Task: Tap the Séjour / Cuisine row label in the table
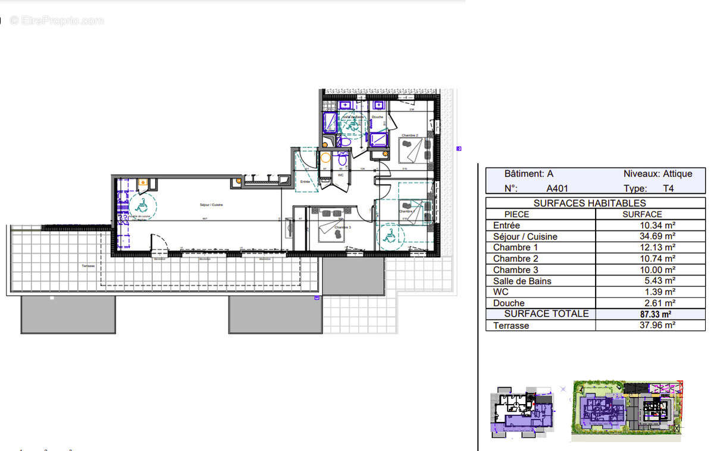pyautogui.click(x=525, y=236)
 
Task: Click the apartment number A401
pyautogui.click(x=559, y=188)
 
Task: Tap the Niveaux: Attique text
pyautogui.click(x=657, y=174)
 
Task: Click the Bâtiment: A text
pyautogui.click(x=528, y=174)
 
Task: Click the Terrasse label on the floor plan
pyautogui.click(x=88, y=267)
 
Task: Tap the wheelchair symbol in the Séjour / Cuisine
pyautogui.click(x=142, y=206)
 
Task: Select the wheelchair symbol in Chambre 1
pyautogui.click(x=390, y=236)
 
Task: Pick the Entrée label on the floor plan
pyautogui.click(x=305, y=182)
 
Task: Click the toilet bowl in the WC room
pyautogui.click(x=342, y=160)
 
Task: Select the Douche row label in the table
pyautogui.click(x=509, y=304)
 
